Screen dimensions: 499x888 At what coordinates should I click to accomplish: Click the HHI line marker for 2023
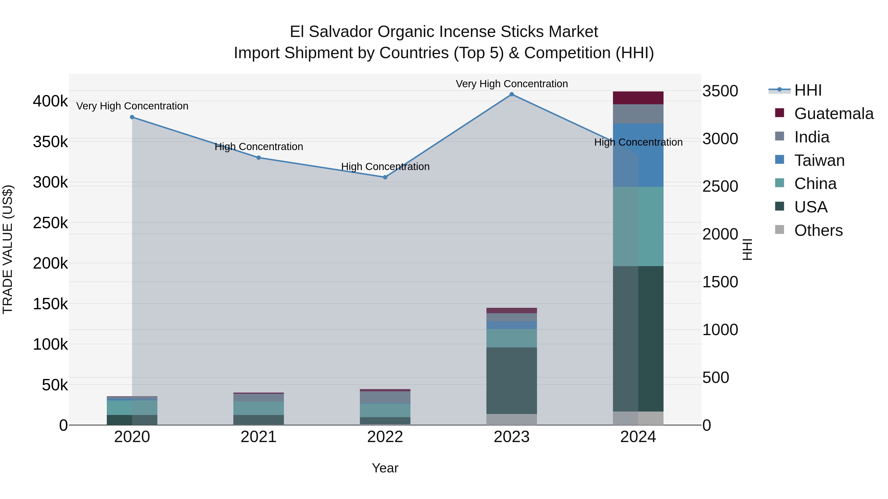click(512, 94)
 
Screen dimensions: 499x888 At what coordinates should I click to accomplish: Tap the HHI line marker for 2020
click(132, 117)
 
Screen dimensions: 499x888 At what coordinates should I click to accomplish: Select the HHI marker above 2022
click(385, 177)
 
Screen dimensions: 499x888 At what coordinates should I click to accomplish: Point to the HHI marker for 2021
click(259, 158)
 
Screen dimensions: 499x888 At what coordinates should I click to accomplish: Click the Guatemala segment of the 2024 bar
click(638, 98)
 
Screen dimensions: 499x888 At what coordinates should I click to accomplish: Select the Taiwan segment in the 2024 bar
click(638, 155)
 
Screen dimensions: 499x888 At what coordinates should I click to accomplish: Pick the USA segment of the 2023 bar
click(512, 380)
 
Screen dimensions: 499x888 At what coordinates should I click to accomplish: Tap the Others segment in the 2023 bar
click(512, 419)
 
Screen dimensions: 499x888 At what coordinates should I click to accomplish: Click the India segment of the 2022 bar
click(385, 397)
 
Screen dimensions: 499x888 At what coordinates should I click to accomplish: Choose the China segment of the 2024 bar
click(638, 226)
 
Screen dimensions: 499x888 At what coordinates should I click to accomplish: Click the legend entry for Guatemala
click(833, 114)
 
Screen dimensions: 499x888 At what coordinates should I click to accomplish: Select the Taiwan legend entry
click(819, 160)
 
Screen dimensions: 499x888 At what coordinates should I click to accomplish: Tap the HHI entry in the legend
click(808, 90)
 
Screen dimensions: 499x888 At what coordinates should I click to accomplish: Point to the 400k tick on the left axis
click(50, 101)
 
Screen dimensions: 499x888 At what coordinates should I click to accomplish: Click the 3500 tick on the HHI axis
click(720, 91)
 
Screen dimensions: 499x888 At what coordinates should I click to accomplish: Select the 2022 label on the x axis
click(385, 437)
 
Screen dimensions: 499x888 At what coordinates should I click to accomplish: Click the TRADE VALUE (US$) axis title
click(8, 249)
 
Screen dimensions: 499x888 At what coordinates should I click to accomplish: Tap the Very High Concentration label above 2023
click(512, 84)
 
